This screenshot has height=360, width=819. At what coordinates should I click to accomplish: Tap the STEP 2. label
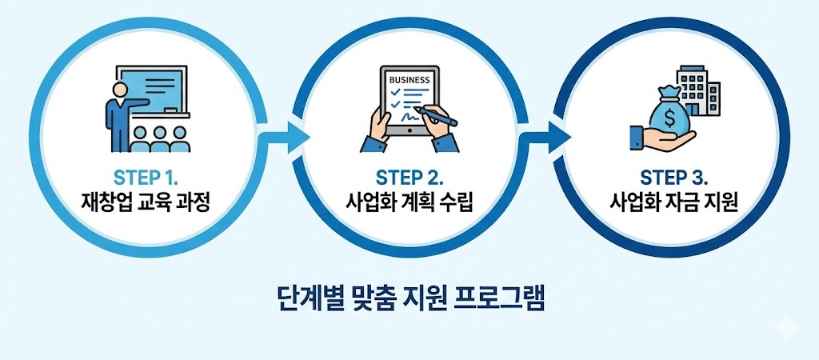409,175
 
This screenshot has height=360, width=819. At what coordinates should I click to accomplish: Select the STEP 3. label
671,175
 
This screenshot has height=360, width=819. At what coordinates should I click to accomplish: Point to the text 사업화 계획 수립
409,202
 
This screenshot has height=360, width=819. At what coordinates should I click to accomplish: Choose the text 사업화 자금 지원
671,202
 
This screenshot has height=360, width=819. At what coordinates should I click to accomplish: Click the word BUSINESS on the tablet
409,80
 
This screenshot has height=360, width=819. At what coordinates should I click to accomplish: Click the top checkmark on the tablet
394,94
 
